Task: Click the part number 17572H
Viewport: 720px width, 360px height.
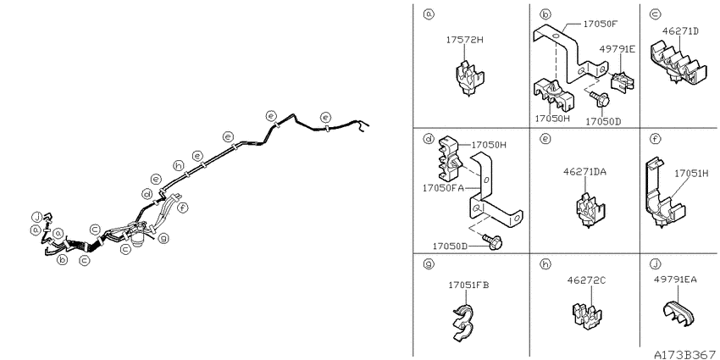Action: [465, 40]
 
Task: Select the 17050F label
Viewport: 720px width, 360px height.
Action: [601, 23]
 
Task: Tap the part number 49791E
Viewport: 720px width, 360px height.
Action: [618, 48]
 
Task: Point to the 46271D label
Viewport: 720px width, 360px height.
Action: [680, 31]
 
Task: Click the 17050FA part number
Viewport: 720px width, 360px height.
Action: [443, 188]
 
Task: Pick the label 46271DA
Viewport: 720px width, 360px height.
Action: [585, 172]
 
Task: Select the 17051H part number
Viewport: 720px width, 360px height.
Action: [691, 174]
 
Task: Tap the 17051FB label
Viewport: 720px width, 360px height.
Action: [468, 285]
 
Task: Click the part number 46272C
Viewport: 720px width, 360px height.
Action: [585, 280]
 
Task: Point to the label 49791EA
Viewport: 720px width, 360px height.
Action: [675, 279]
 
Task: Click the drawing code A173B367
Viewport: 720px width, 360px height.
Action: [684, 354]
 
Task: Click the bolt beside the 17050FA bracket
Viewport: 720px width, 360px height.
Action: [493, 241]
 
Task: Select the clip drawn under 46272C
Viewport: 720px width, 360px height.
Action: [587, 315]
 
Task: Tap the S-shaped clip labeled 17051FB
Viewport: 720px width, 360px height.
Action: [461, 322]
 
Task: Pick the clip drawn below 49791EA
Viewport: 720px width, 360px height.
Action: [678, 313]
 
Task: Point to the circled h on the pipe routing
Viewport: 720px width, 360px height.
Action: [178, 165]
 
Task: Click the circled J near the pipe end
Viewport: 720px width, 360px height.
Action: [36, 216]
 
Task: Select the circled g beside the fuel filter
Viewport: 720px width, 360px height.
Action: [163, 238]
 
